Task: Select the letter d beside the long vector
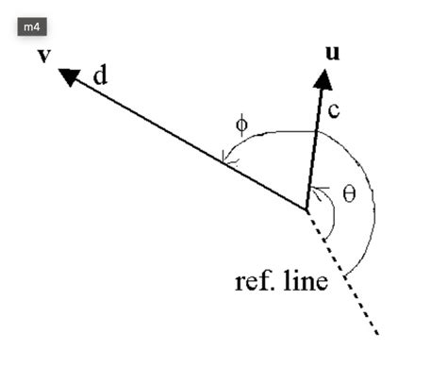pyautogui.click(x=100, y=75)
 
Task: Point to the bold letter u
pyautogui.click(x=331, y=52)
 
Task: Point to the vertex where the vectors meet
pyautogui.click(x=306, y=209)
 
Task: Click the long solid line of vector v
pyautogui.click(x=189, y=143)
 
